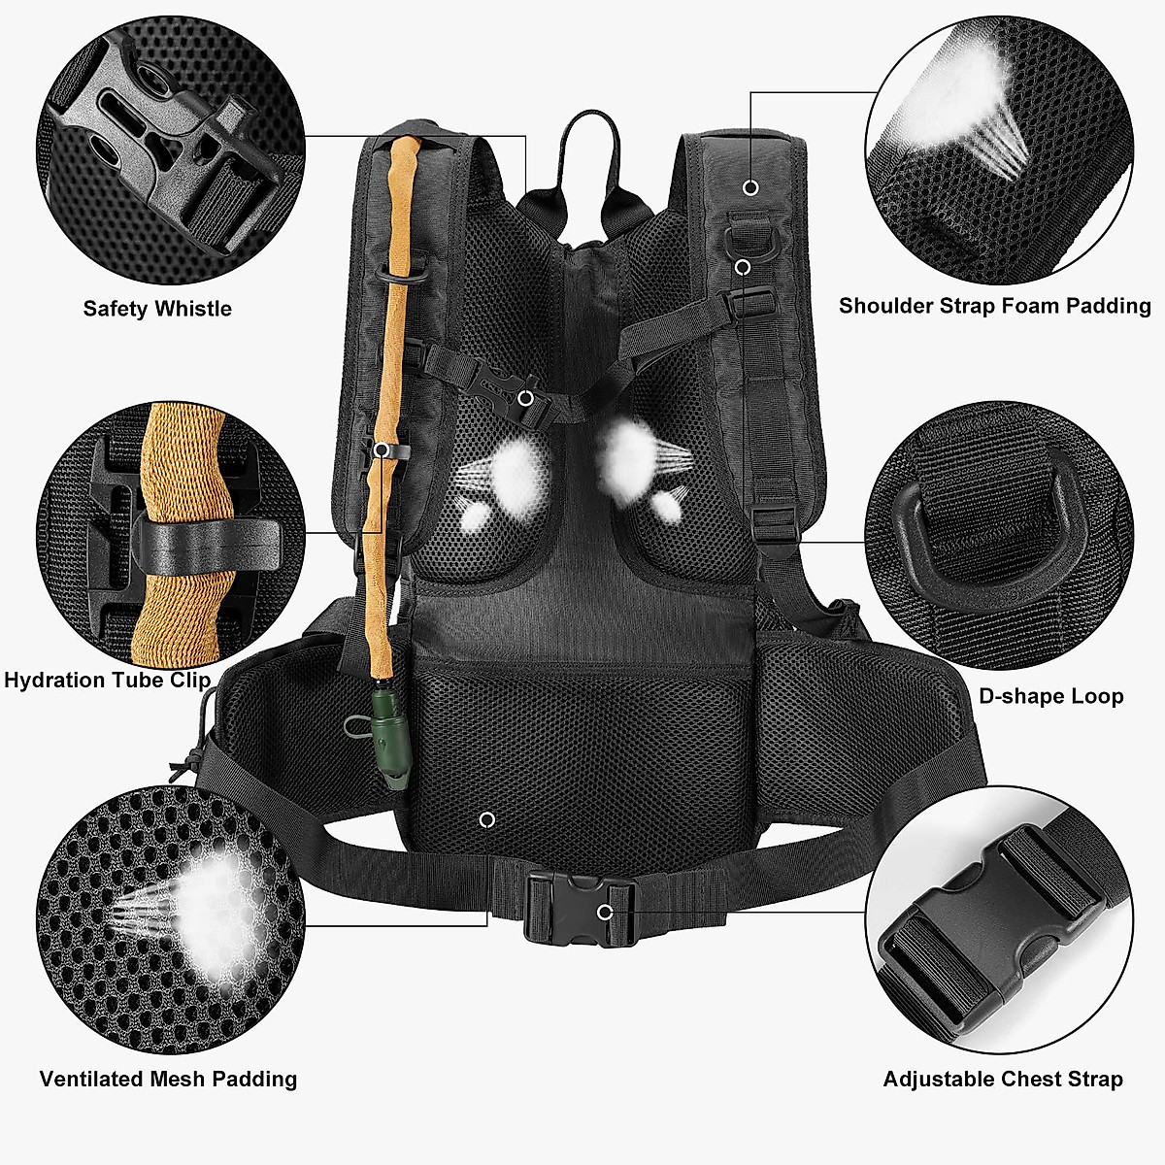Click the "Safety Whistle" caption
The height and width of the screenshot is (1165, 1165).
157,309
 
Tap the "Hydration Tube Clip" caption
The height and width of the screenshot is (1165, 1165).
107,680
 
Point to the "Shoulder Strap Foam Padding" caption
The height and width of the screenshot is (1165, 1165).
994,306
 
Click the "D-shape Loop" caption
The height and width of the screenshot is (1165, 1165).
1050,696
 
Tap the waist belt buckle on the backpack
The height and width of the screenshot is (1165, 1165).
580,910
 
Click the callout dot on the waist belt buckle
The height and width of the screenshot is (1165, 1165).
605,912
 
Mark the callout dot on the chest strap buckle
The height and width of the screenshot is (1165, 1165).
525,397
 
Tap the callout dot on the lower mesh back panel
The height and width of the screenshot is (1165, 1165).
487,820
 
